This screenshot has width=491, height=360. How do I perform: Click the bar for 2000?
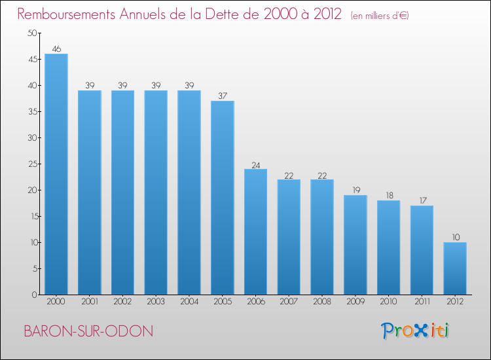click(x=56, y=174)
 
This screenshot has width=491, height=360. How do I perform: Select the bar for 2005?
click(x=222, y=198)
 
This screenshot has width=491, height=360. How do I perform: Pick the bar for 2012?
click(x=455, y=268)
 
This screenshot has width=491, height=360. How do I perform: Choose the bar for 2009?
click(x=355, y=245)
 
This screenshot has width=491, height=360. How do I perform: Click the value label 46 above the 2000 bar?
click(x=56, y=48)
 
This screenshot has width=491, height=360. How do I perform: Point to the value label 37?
click(x=222, y=96)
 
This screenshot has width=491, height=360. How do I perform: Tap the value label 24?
click(x=255, y=164)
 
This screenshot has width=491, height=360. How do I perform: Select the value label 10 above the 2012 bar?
click(x=455, y=237)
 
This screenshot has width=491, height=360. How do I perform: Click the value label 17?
click(x=422, y=200)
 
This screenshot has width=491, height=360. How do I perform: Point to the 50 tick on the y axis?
click(x=32, y=33)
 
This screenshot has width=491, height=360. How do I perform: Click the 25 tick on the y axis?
click(x=32, y=164)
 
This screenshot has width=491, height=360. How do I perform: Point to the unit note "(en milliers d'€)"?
click(x=380, y=16)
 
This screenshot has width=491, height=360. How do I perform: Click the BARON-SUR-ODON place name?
click(x=88, y=331)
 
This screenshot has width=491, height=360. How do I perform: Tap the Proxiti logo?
click(x=416, y=331)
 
